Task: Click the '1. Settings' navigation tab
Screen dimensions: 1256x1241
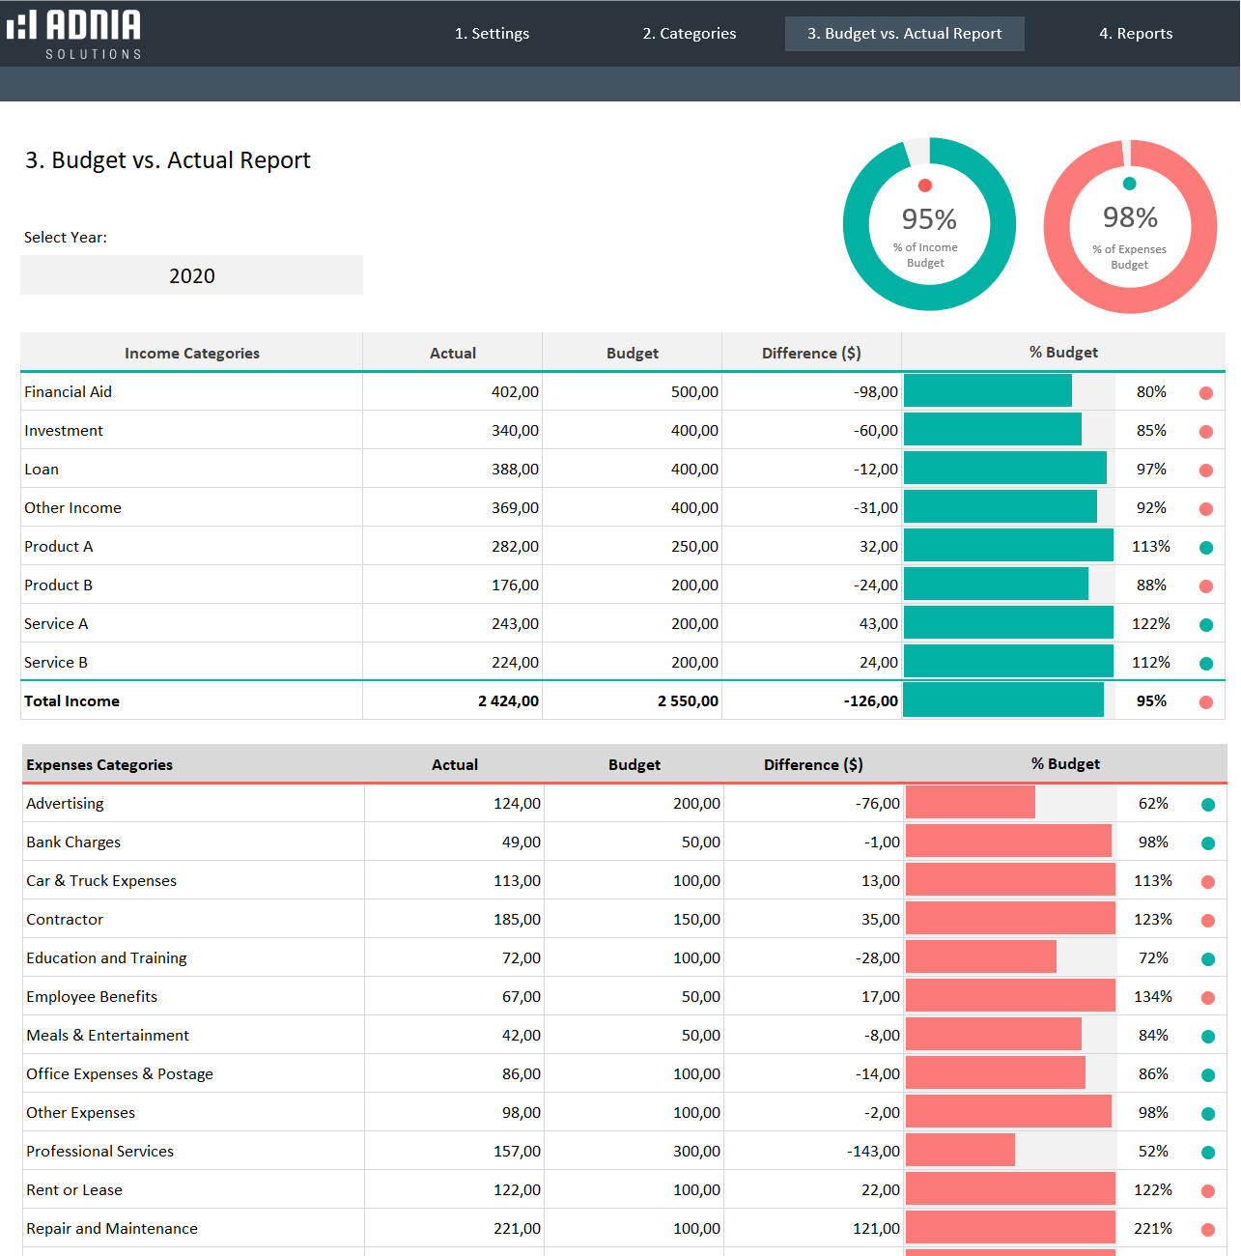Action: [x=492, y=34]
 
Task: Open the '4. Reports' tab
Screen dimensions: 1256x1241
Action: [x=1136, y=34]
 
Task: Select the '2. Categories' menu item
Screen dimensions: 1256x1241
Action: [x=690, y=34]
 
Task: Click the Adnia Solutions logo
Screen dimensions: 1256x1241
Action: [x=74, y=34]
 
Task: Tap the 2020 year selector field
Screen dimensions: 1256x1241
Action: [x=191, y=275]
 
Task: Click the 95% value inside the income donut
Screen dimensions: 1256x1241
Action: [x=929, y=219]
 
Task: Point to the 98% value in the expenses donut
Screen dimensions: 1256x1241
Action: [x=1130, y=217]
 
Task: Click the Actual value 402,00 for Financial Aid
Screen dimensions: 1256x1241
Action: [x=515, y=392]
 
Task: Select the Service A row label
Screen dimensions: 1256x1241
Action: [x=56, y=624]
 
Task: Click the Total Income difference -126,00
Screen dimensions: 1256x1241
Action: [x=870, y=701]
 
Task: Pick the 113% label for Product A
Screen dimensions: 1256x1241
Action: [x=1150, y=547]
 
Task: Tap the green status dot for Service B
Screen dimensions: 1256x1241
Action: [x=1206, y=664]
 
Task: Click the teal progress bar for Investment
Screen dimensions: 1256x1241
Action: [x=992, y=430]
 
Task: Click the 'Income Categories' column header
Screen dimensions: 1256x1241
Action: [x=191, y=354]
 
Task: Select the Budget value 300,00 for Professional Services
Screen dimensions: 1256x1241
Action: [x=696, y=1152]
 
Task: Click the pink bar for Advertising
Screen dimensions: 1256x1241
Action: [x=970, y=803]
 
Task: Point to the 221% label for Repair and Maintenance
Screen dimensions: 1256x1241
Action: [x=1152, y=1229]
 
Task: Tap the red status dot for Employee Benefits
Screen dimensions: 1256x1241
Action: [x=1208, y=998]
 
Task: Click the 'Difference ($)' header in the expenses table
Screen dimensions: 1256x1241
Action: [x=813, y=765]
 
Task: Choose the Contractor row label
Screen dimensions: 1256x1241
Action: [x=65, y=920]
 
